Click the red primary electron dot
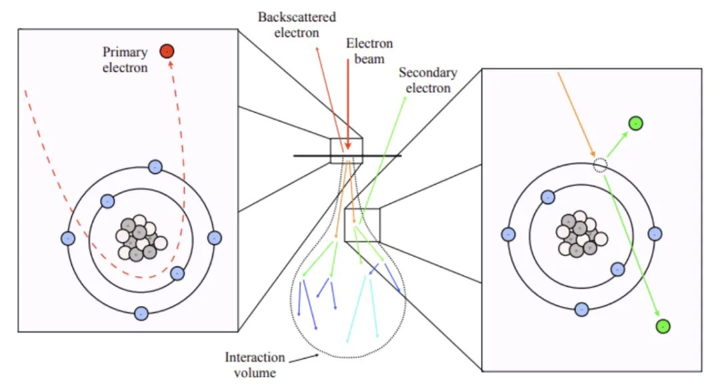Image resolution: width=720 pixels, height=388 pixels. click(x=167, y=51)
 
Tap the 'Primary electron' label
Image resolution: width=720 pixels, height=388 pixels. click(x=125, y=59)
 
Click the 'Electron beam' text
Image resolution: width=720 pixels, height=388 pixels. click(x=369, y=51)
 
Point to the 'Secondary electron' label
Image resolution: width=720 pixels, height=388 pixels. click(x=427, y=79)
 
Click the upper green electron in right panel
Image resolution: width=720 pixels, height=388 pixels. click(x=635, y=123)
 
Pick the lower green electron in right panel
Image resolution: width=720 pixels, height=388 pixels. click(x=662, y=326)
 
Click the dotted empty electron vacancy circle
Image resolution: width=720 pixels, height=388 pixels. click(x=600, y=165)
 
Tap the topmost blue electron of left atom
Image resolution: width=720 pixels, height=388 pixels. click(x=155, y=167)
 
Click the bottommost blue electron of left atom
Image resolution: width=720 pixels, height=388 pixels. click(x=141, y=313)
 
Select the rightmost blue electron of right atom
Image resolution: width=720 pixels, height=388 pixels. click(x=655, y=233)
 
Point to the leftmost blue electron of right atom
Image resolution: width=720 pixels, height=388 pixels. click(x=508, y=234)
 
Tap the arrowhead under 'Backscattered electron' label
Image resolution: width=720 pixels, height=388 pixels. click(x=317, y=50)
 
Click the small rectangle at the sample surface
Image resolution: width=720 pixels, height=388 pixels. click(x=347, y=150)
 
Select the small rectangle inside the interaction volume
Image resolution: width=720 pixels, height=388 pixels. click(x=362, y=224)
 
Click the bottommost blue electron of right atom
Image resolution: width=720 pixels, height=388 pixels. click(x=581, y=309)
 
